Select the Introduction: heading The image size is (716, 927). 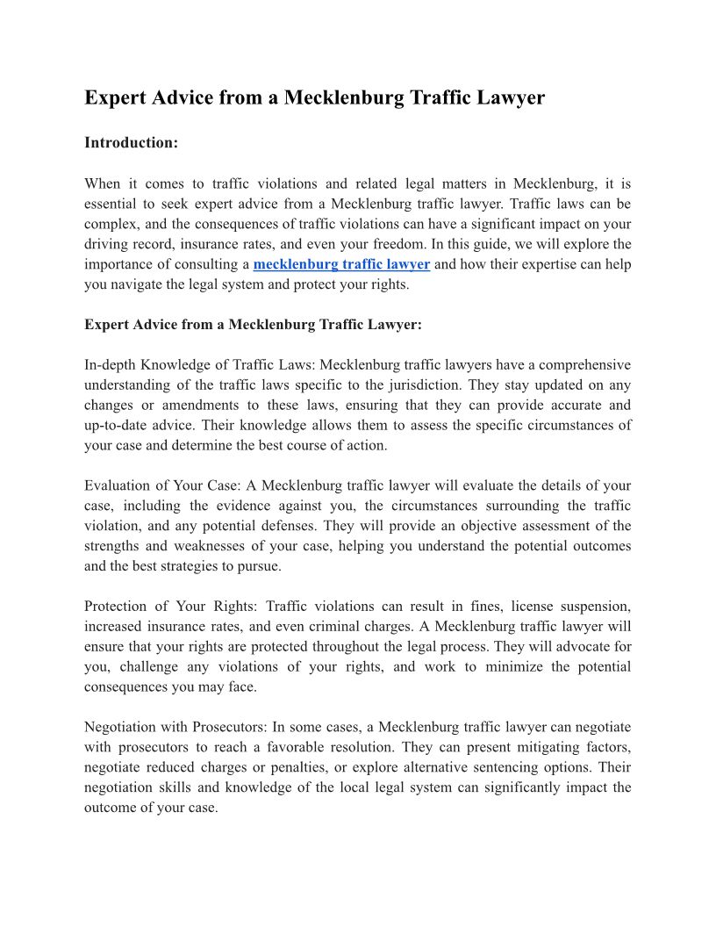click(x=131, y=142)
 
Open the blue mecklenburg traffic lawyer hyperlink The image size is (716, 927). click(x=341, y=264)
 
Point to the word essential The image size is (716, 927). click(x=113, y=204)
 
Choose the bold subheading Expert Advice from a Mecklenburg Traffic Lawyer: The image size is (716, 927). click(x=253, y=325)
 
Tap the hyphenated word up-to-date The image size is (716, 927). click(x=119, y=425)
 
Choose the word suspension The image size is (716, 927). click(x=596, y=607)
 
